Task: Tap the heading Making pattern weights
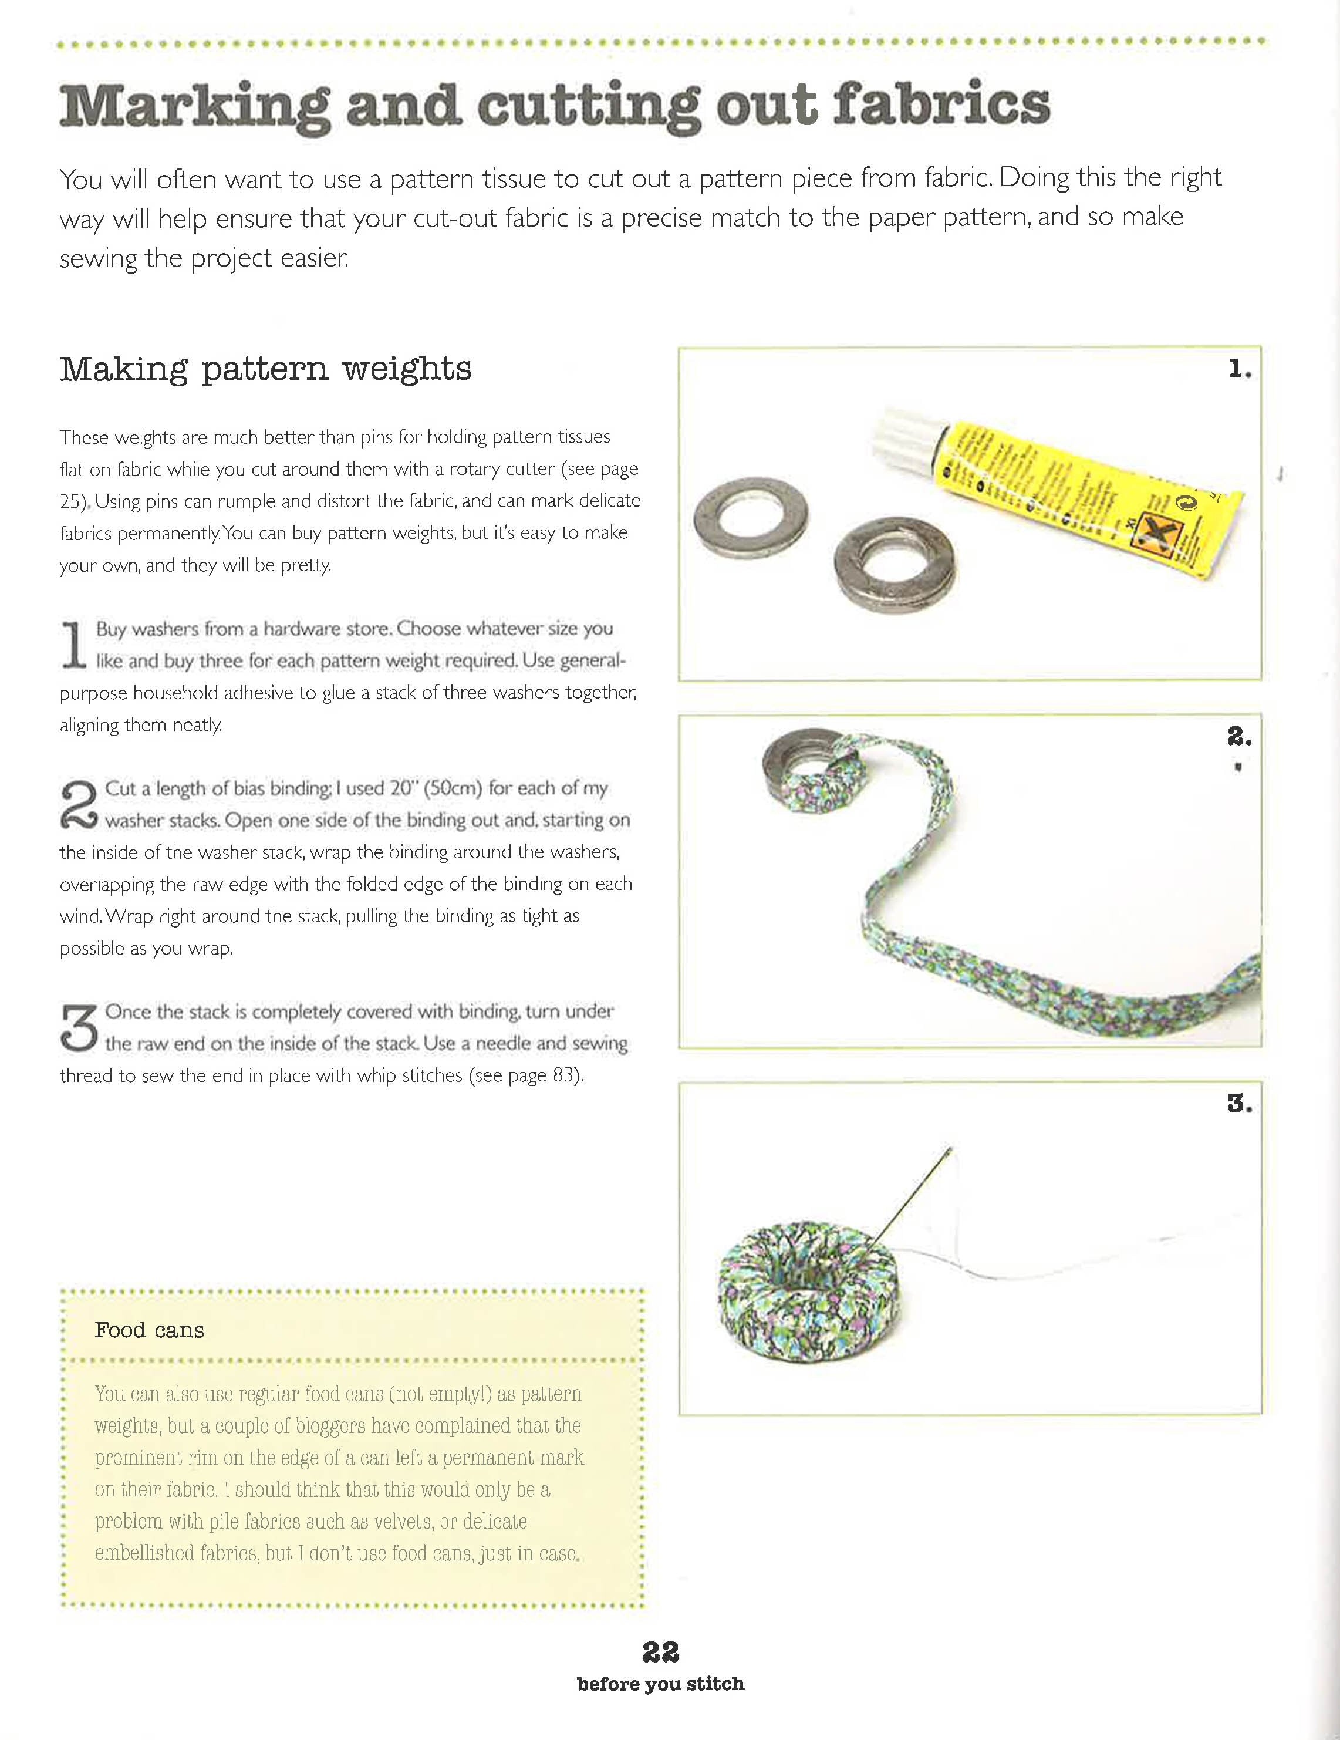[265, 369]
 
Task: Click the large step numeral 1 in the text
[73, 645]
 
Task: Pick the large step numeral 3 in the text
[77, 1028]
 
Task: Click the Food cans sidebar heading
[149, 1330]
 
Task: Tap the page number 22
[660, 1651]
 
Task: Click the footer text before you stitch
[660, 1684]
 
